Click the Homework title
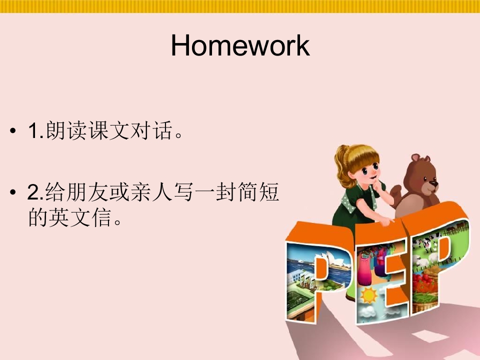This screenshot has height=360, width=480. (x=240, y=45)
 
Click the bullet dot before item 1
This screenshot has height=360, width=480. (x=12, y=131)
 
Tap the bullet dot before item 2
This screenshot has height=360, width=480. (x=12, y=192)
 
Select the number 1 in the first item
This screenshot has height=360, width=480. (x=33, y=130)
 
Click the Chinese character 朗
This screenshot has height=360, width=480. (x=55, y=130)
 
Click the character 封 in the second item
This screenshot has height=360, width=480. (x=226, y=192)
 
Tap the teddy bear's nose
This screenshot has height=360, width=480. (x=433, y=183)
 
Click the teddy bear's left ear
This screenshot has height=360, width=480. (x=415, y=157)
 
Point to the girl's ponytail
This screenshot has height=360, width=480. (x=342, y=167)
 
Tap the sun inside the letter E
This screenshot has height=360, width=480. (x=369, y=295)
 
